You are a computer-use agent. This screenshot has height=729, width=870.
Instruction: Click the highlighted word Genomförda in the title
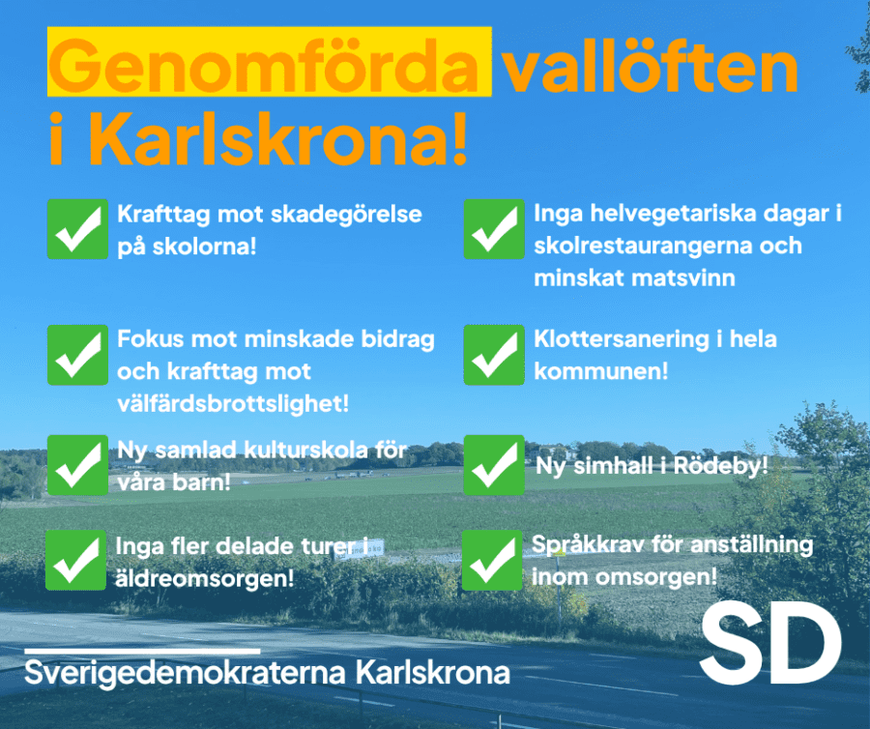(x=264, y=66)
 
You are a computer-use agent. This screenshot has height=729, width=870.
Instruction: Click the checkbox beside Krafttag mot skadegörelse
(x=77, y=229)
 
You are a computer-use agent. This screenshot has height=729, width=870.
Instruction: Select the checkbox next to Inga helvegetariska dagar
(x=494, y=229)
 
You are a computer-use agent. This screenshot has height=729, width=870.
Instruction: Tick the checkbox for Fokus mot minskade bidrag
(x=77, y=355)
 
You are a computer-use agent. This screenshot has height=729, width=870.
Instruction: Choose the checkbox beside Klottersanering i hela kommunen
(x=494, y=355)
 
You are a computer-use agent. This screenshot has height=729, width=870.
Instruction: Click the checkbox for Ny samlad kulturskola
(x=77, y=465)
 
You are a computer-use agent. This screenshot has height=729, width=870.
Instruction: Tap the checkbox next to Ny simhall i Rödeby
(x=494, y=465)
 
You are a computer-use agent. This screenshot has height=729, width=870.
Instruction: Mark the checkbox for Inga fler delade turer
(x=75, y=560)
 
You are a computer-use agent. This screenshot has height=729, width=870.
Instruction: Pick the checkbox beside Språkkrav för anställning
(x=492, y=560)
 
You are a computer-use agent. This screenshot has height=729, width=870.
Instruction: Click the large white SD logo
(x=770, y=642)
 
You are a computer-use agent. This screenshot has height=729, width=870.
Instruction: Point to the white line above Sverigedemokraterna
(x=143, y=652)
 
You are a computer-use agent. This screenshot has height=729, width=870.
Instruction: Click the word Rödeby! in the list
(x=721, y=465)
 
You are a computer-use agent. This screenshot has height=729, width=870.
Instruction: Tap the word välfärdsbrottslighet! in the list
(x=233, y=403)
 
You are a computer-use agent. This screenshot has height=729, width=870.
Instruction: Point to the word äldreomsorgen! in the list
(x=204, y=578)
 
